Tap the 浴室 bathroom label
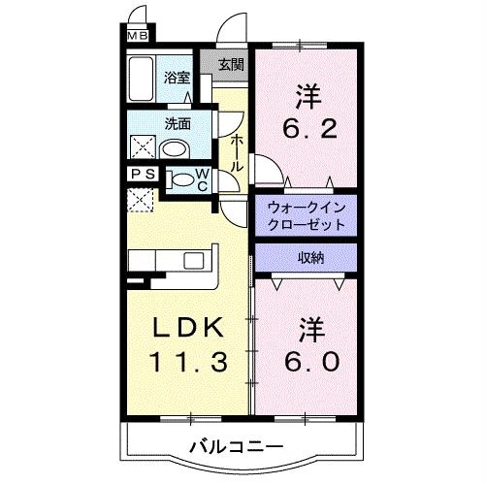point(176,79)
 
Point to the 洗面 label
point(176,123)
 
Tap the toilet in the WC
point(181,178)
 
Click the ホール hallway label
point(236,152)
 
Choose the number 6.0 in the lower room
point(309,361)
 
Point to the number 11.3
point(188,363)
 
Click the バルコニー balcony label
point(235,447)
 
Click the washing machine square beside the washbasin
point(142,148)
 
